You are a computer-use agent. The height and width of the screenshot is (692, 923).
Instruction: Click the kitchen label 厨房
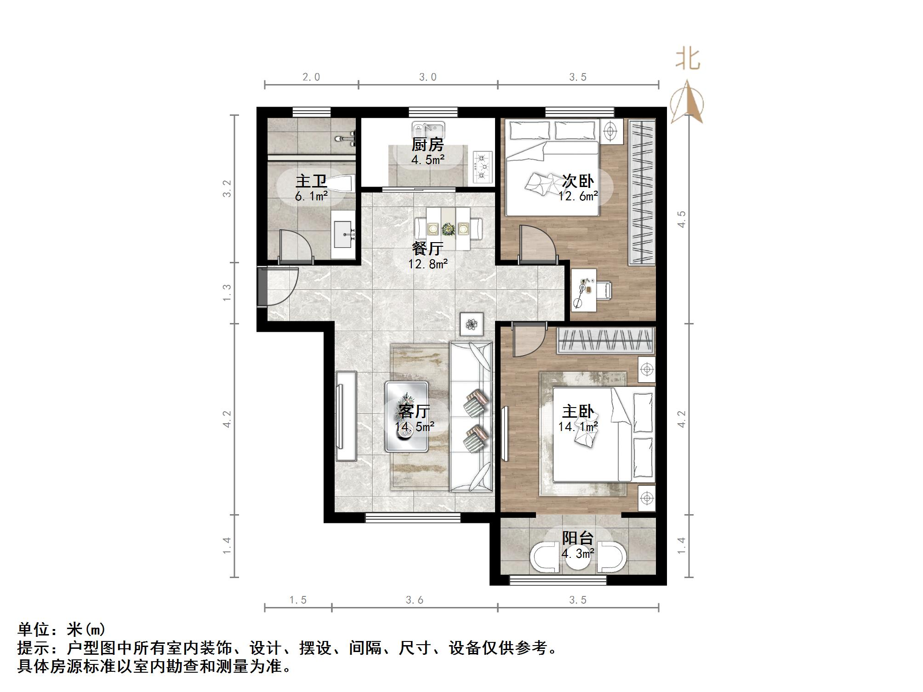[x=427, y=145]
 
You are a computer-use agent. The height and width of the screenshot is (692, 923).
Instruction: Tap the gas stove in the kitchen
[x=482, y=167]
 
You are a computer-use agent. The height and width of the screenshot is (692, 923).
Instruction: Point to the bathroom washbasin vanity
[x=344, y=234]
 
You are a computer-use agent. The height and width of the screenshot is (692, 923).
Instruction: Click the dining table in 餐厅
[x=448, y=228]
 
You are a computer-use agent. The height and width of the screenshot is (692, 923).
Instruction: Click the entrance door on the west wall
[x=278, y=287]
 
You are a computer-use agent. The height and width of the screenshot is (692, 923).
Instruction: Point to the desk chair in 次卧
[x=604, y=290]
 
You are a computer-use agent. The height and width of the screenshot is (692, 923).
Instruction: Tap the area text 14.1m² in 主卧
[x=578, y=426]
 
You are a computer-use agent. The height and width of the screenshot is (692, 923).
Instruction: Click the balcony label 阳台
[x=578, y=538]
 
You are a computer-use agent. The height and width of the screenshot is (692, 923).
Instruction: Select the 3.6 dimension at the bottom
[x=414, y=600]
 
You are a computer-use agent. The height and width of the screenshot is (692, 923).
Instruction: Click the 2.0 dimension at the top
[x=311, y=77]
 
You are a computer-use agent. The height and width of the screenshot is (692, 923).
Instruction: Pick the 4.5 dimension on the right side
[x=682, y=219]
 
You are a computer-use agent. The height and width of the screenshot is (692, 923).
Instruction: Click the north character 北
[x=688, y=60]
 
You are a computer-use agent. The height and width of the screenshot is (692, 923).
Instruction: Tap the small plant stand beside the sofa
[x=472, y=324]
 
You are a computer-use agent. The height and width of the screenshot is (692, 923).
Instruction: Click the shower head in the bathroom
[x=346, y=137]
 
